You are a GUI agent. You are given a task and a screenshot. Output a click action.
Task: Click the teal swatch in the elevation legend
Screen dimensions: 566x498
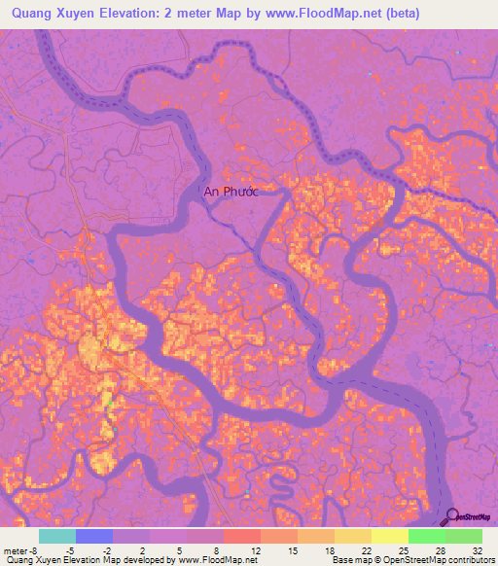(x=56, y=536)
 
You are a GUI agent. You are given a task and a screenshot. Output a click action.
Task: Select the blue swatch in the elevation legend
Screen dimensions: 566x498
(x=93, y=536)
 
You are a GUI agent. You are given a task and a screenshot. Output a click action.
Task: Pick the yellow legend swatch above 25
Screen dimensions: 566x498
(x=389, y=536)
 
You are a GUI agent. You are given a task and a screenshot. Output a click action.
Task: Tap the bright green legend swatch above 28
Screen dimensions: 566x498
(x=426, y=536)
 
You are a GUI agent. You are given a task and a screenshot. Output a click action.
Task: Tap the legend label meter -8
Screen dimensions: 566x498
(x=21, y=549)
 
